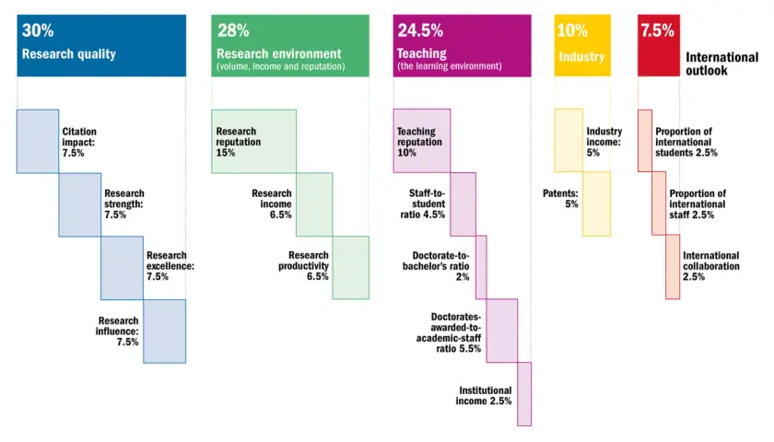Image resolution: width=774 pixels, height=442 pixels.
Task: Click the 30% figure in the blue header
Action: pos(38,30)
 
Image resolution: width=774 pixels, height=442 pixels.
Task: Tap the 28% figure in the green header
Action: pos(233,30)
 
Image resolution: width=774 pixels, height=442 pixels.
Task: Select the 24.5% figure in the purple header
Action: pos(420,30)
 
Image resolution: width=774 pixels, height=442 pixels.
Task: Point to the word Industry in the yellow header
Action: pos(581,57)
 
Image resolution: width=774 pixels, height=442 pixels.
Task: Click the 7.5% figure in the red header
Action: pos(658,30)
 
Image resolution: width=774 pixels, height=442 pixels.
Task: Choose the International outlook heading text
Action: pos(721,64)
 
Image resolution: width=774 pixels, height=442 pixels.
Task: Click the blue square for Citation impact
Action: pos(38,142)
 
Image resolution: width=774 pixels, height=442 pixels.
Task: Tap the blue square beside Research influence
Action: pos(164,331)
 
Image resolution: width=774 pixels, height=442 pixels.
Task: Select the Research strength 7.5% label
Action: pos(123,204)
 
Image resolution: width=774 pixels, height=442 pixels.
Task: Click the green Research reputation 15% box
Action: pos(253,142)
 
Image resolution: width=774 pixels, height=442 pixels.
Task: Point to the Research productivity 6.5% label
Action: pos(303,266)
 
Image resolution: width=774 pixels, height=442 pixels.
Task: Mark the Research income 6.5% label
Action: pos(272,204)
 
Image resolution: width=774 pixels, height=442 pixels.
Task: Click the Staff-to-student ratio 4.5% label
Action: pos(423,204)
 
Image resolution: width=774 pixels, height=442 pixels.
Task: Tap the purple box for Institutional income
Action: pos(524,394)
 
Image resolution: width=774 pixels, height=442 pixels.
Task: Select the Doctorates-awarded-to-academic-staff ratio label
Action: pos(448,332)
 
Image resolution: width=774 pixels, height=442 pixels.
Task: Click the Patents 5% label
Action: pos(560,198)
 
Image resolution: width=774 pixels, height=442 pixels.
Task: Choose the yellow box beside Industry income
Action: pos(569,141)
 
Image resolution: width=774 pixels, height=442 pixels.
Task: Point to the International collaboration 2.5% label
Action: pos(710,266)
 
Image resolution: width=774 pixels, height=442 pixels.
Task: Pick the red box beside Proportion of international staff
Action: pos(659,204)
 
